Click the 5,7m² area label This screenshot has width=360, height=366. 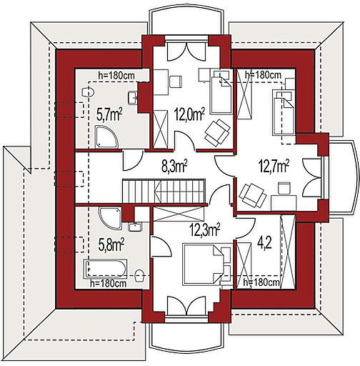109,114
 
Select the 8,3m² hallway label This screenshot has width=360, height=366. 174,166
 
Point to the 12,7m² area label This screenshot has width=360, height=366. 274,166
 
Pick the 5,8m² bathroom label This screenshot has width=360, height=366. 111,244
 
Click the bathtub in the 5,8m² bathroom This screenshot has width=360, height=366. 105,269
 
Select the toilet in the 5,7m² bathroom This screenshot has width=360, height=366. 88,92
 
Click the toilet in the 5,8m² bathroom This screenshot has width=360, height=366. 140,276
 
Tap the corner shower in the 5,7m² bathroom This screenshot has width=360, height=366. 106,137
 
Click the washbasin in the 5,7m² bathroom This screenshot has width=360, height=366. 133,98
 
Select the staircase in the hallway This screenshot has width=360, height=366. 164,191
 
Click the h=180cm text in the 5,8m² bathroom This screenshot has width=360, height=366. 109,284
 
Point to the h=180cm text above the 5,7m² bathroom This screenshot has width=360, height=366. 116,76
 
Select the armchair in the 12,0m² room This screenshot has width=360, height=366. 217,133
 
